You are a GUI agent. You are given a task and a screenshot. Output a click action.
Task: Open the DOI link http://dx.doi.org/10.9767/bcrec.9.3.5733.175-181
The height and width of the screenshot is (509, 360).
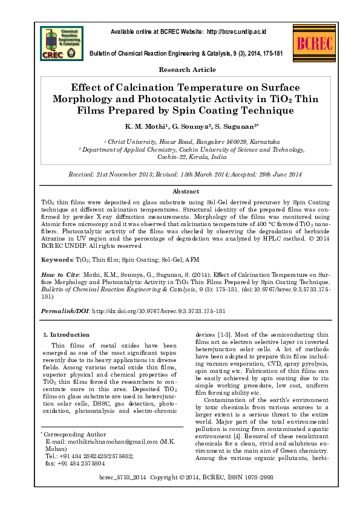tap(159, 311)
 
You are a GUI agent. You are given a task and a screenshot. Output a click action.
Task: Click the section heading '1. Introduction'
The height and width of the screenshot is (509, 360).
tap(67, 334)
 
